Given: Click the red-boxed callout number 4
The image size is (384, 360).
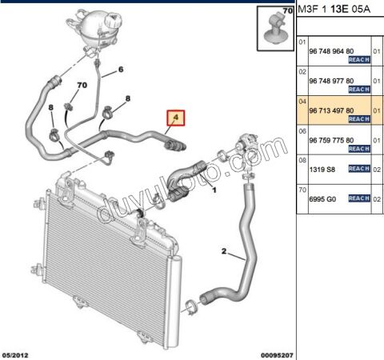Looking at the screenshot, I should (x=174, y=120).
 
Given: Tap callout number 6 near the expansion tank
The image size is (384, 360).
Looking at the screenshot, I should (x=121, y=70).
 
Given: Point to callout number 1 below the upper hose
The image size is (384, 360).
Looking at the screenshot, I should (x=214, y=190).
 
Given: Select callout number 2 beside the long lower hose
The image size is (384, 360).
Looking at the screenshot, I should (x=225, y=250).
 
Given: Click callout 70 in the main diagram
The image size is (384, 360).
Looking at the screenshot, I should (x=81, y=85).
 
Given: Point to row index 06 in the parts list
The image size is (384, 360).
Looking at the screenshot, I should (x=302, y=130).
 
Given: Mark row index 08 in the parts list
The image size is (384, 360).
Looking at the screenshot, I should (x=302, y=160).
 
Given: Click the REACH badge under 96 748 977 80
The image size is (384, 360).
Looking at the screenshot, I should (x=358, y=90).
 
